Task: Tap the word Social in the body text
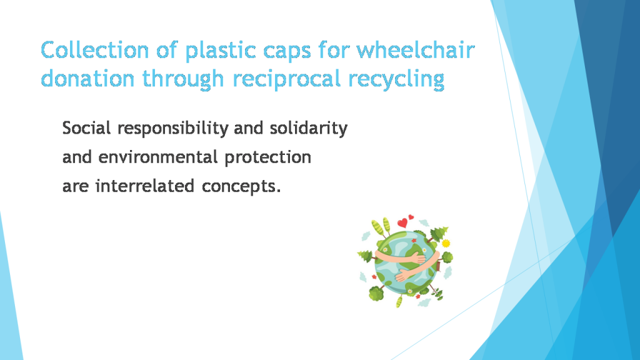(x=87, y=129)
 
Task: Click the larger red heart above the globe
(x=403, y=222)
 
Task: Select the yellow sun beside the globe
(x=446, y=243)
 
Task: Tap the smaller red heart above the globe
(x=411, y=217)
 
